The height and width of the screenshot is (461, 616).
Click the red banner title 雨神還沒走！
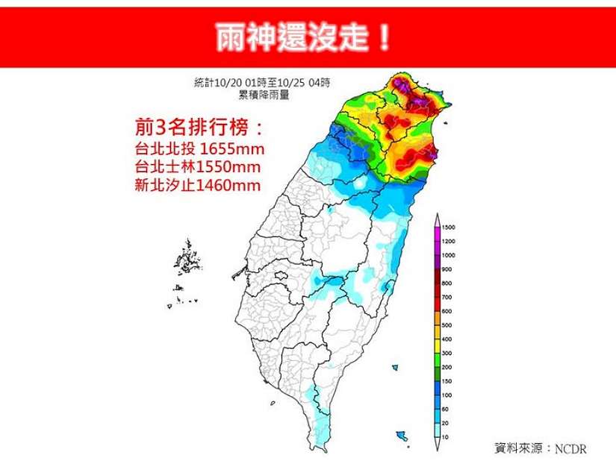click(302, 37)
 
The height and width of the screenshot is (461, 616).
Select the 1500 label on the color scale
click(448, 227)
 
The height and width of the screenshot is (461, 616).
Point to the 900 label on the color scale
click(447, 269)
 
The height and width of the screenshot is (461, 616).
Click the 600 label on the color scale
click(447, 311)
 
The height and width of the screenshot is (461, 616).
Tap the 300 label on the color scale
click(447, 353)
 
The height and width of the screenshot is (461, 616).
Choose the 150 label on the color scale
click(447, 380)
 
